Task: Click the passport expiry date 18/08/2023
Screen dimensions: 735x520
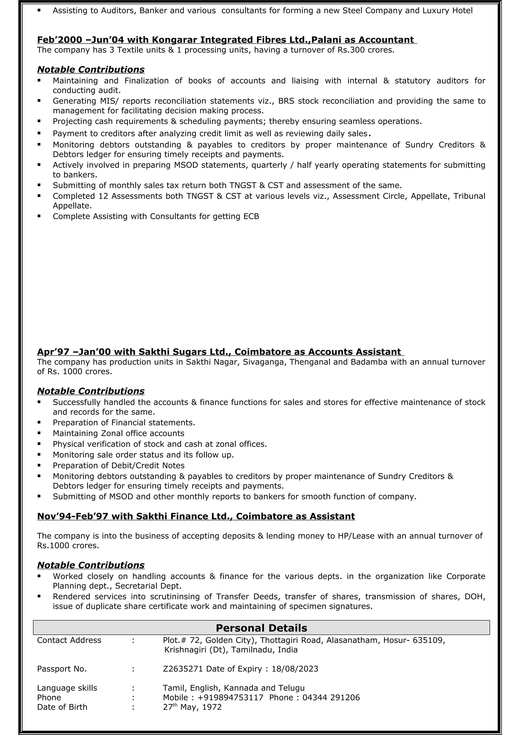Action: click(295, 669)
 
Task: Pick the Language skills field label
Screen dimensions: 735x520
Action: click(67, 688)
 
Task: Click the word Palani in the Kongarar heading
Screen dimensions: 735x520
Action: click(327, 40)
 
